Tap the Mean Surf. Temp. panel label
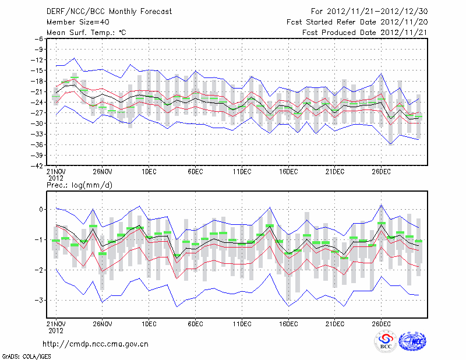click(x=86, y=33)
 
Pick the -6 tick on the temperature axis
click(x=40, y=38)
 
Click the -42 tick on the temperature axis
click(x=38, y=166)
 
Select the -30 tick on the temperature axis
click(x=38, y=123)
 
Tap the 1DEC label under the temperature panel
click(x=149, y=172)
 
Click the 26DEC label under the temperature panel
click(x=381, y=172)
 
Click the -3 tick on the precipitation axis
click(x=40, y=300)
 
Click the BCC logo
click(x=386, y=341)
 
